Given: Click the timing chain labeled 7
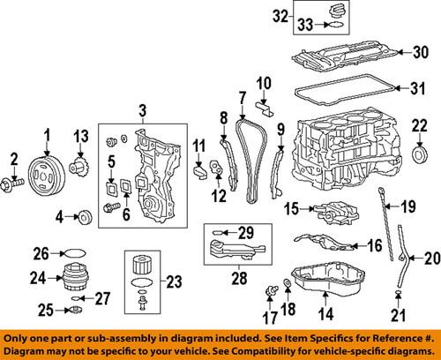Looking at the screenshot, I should [x=252, y=159].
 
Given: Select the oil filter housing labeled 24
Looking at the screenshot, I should [x=57, y=278].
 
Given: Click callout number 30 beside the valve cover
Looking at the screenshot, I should [x=419, y=52].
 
